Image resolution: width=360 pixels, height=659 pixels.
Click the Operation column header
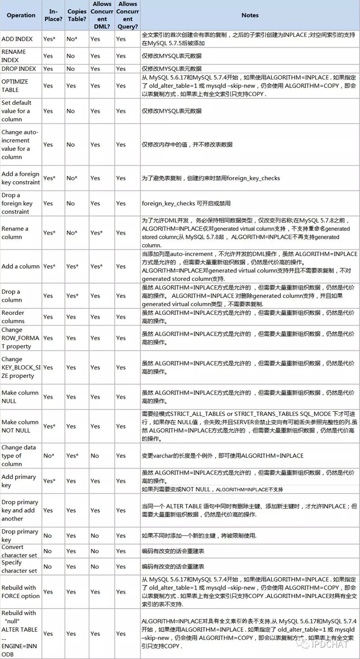pos(21,15)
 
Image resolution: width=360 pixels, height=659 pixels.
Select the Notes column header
pos(250,15)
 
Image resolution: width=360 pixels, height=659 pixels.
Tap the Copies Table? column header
pos(77,15)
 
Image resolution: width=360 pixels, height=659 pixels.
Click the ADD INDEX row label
pos(17,39)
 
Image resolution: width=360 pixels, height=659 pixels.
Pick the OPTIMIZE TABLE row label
pos(15,85)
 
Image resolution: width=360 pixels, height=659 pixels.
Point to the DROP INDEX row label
pos(19,69)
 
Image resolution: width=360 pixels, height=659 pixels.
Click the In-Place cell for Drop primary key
pos(48,536)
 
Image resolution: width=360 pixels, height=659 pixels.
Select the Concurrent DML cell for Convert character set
pos(95,551)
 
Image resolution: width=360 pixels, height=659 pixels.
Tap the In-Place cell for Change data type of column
pos(49,455)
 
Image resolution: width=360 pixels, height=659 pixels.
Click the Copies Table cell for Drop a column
pos(72,295)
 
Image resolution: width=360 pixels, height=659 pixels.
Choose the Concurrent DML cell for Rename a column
pos(96,233)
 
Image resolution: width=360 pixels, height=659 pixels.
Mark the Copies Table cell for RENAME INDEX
pos(71,56)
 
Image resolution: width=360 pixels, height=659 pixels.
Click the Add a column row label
pos(21,266)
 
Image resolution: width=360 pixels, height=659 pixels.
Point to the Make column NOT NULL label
pos(20,426)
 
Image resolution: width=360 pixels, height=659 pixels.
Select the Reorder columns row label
pos(13,317)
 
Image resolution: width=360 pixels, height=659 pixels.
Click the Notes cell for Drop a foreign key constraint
pos(186,203)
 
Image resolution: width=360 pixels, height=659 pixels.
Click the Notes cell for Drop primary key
pos(199,536)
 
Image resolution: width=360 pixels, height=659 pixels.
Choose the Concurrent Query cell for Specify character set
pos(121,567)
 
